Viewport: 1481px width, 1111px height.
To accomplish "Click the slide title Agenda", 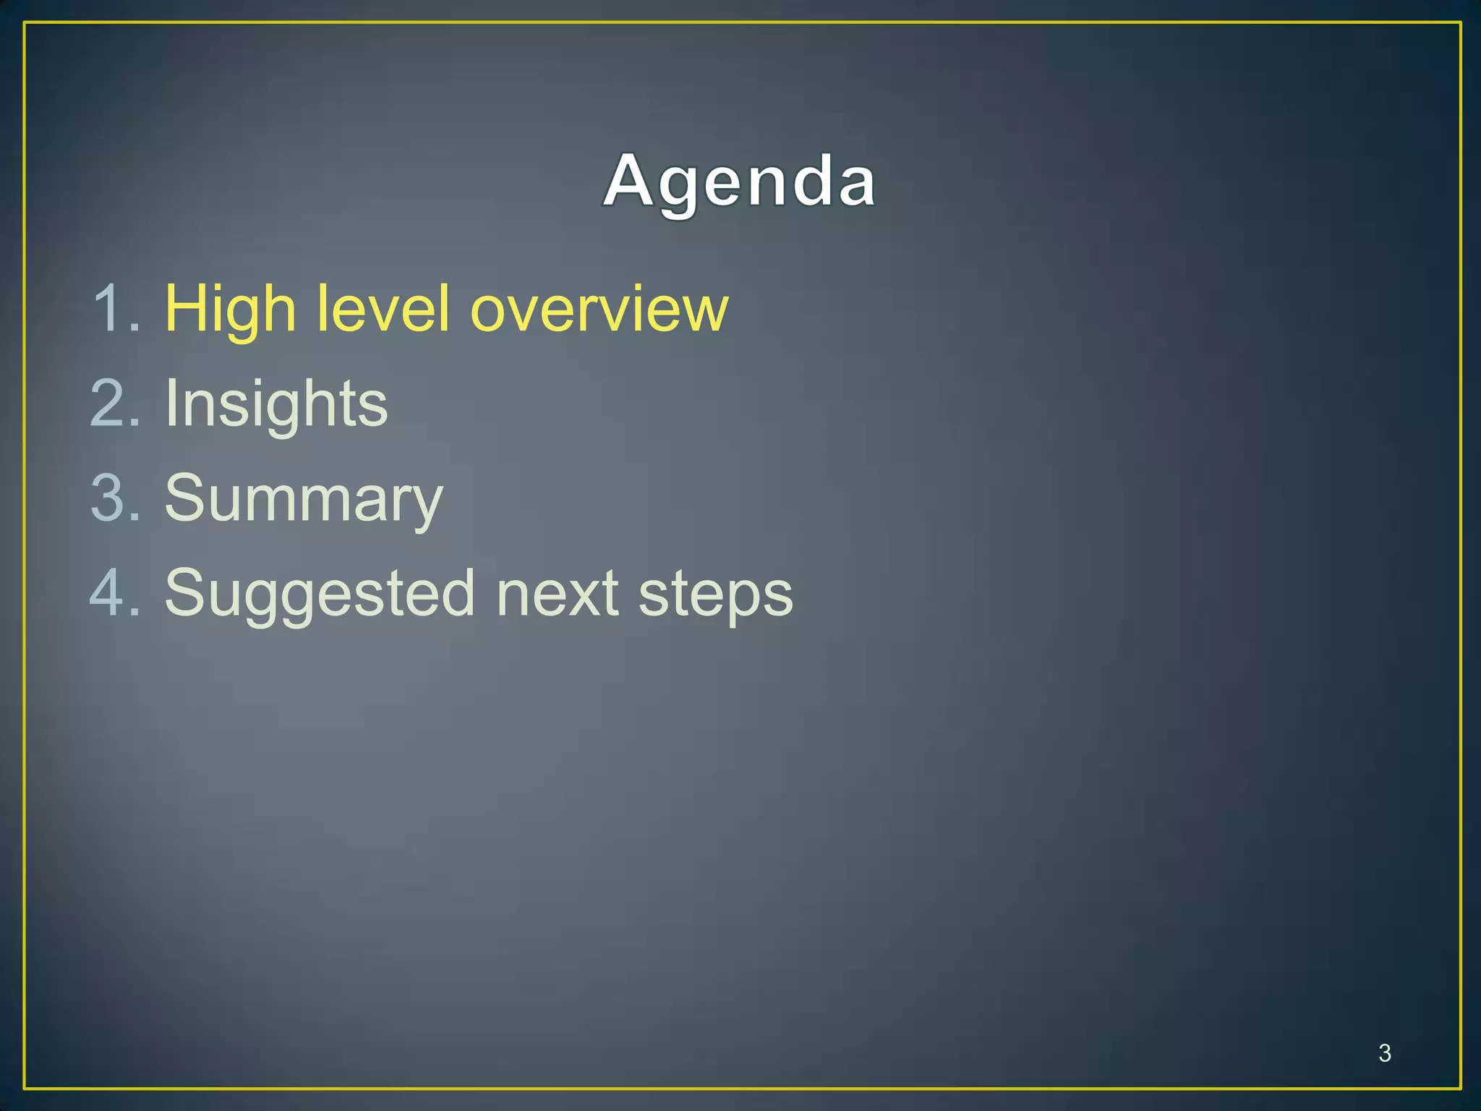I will (x=740, y=182).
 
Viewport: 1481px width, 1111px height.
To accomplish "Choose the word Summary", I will (x=303, y=500).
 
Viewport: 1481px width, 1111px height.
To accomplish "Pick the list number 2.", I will (x=112, y=404).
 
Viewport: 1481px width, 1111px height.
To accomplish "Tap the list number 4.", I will (x=112, y=593).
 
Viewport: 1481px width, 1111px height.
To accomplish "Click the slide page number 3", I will (x=1384, y=1053).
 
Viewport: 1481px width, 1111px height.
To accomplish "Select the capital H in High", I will (x=189, y=309).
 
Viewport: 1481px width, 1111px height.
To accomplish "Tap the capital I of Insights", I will (x=171, y=404).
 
